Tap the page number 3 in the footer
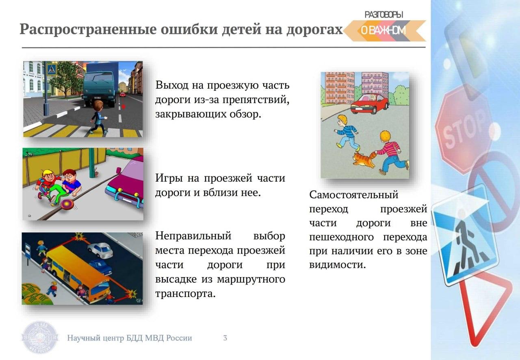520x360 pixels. (225, 338)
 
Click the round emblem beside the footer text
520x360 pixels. (40, 338)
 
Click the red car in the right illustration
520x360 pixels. (369, 104)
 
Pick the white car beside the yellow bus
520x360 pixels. (100, 250)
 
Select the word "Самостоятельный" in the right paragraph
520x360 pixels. (353, 195)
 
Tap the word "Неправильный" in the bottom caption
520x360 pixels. (193, 236)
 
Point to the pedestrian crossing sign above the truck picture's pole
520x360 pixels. (52, 69)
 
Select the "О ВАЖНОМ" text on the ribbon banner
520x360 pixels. (383, 30)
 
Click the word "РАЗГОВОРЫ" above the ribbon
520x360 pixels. (384, 15)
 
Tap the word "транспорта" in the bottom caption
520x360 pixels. (186, 294)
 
